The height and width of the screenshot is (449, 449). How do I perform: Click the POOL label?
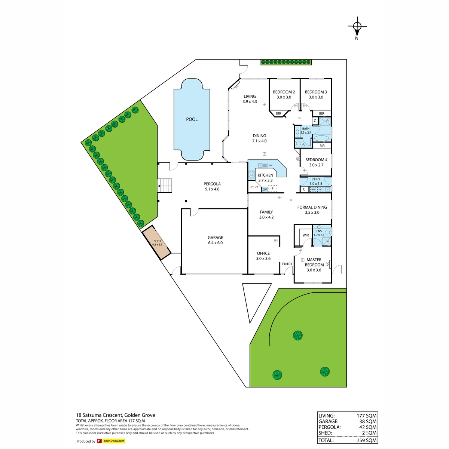click(192, 119)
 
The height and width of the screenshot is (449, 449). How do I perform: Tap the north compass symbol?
click(357, 26)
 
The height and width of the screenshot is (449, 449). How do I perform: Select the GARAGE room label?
click(215, 238)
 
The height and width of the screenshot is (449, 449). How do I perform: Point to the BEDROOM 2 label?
click(284, 92)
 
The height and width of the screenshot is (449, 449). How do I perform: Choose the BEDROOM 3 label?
click(316, 92)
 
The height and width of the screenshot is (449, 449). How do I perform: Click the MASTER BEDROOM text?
click(314, 262)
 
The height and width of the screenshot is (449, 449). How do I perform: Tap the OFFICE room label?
click(263, 253)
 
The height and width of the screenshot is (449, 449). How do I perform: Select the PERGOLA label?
click(212, 184)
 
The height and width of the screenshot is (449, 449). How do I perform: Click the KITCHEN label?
click(266, 175)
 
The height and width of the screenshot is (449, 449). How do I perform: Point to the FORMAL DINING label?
click(312, 207)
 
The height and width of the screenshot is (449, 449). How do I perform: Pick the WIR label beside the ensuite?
click(306, 235)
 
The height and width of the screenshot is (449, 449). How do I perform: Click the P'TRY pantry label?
click(254, 187)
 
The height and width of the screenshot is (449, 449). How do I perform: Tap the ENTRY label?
click(287, 264)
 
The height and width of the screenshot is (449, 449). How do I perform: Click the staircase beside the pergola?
click(165, 185)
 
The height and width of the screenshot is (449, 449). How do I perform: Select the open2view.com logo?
click(111, 441)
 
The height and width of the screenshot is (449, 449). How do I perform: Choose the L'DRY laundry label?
click(316, 179)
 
